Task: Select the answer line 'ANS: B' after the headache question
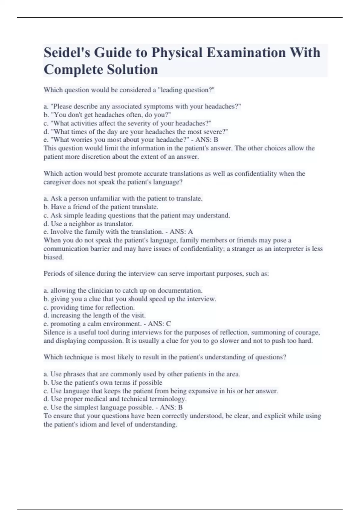point(207,140)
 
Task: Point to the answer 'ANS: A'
point(181,232)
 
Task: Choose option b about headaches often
point(107,115)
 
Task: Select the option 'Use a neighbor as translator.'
point(88,224)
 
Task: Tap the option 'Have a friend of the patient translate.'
point(101,207)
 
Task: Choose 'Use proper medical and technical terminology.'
point(115,399)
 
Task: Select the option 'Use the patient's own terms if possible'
point(103,383)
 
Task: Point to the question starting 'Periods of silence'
point(156,274)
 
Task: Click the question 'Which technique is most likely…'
point(165,357)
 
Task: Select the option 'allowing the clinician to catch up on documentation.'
point(123,291)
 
